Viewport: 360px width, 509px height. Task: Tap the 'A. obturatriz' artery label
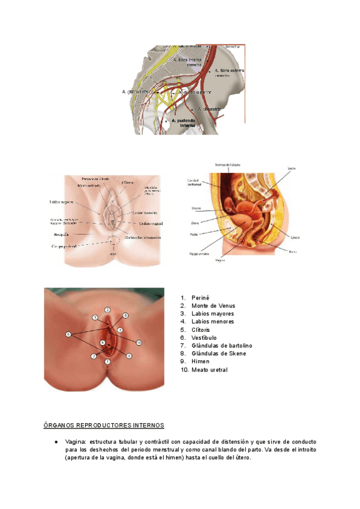[x=210, y=109]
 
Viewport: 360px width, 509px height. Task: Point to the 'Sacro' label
[x=292, y=169]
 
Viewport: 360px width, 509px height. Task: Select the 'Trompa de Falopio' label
[x=227, y=164]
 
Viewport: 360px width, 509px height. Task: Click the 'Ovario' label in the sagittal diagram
[x=196, y=209]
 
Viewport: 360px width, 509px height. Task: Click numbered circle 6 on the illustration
[x=68, y=334]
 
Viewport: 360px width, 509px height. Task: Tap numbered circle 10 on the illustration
[x=139, y=342]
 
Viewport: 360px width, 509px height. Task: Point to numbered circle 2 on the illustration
[x=107, y=310]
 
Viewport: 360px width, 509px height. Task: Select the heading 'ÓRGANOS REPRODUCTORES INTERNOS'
[x=103, y=426]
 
